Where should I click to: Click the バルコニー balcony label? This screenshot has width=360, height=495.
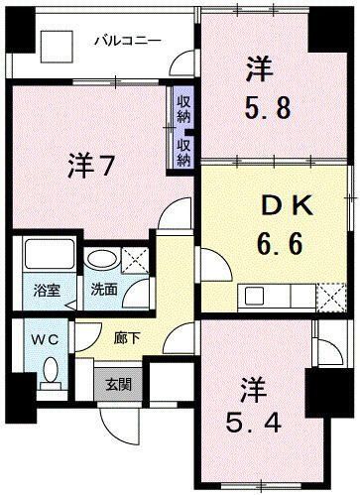(x=127, y=42)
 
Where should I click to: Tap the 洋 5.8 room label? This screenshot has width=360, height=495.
(x=270, y=87)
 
